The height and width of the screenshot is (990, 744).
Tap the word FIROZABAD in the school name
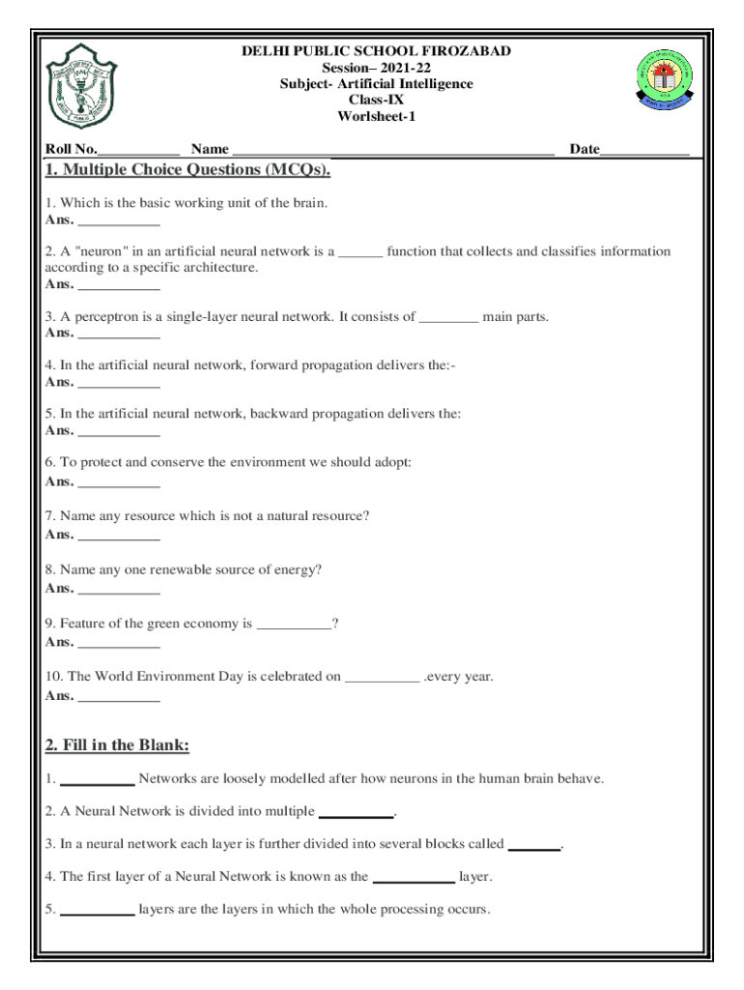pyautogui.click(x=466, y=51)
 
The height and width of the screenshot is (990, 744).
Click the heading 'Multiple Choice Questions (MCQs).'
pyautogui.click(x=188, y=171)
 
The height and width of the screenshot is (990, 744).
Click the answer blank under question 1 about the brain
pyautogui.click(x=118, y=220)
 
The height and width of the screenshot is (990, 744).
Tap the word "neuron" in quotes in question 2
pyautogui.click(x=100, y=251)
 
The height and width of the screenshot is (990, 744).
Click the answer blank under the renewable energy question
pyautogui.click(x=118, y=589)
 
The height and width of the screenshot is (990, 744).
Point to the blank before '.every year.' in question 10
pyautogui.click(x=382, y=678)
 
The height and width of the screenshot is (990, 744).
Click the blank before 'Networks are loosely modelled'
pyautogui.click(x=97, y=779)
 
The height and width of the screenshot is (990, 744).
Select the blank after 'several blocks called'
pyautogui.click(x=533, y=845)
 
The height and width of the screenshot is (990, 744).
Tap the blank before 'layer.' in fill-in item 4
pyautogui.click(x=413, y=878)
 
